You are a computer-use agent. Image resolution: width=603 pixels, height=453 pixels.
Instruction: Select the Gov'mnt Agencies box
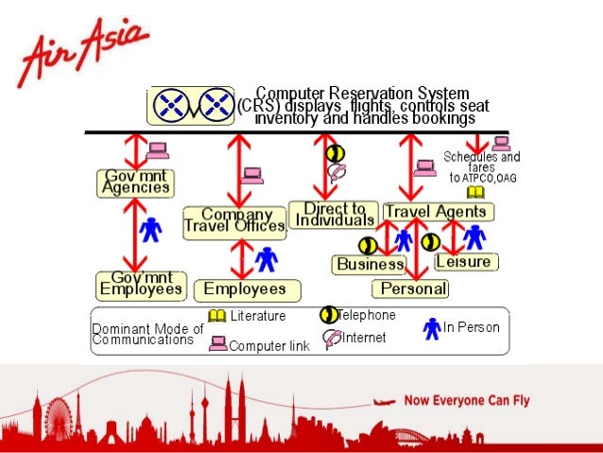(136, 182)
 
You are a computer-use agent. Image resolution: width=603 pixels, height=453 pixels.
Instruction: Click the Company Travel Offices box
(234, 220)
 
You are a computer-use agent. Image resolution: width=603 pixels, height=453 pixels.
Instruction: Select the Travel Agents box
(436, 212)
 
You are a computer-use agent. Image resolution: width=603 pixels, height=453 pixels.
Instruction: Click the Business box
(369, 265)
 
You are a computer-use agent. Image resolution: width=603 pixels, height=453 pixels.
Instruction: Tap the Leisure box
(466, 261)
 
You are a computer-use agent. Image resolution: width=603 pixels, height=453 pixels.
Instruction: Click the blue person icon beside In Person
(432, 327)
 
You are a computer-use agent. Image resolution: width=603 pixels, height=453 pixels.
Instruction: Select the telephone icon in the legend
(329, 315)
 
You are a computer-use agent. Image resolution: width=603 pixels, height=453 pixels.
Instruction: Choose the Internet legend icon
(332, 337)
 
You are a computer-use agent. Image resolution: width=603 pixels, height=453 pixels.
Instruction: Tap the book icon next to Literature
(216, 316)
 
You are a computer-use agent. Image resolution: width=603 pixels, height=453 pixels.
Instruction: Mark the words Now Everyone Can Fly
(467, 400)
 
